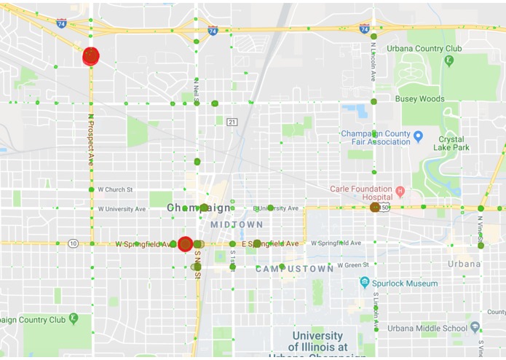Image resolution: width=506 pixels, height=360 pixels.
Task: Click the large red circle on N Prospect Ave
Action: pyautogui.click(x=90, y=56)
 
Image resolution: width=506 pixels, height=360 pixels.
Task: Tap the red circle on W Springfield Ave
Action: pyautogui.click(x=185, y=244)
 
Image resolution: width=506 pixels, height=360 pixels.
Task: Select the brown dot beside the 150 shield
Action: pyautogui.click(x=375, y=208)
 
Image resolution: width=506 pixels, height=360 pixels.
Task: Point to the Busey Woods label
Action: pyautogui.click(x=419, y=98)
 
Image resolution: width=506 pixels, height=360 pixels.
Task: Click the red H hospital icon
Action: pyautogui.click(x=400, y=192)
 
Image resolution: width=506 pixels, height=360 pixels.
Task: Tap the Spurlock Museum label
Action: pyautogui.click(x=407, y=283)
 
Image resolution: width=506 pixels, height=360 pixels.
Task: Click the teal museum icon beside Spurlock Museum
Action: pyautogui.click(x=365, y=282)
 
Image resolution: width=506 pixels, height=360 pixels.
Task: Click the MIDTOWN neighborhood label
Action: pyautogui.click(x=237, y=224)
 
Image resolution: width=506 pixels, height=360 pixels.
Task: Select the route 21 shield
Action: pyautogui.click(x=232, y=121)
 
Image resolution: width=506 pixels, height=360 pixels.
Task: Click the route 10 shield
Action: pyautogui.click(x=73, y=243)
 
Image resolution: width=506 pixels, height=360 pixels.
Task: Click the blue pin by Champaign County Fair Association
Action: pyautogui.click(x=418, y=136)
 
